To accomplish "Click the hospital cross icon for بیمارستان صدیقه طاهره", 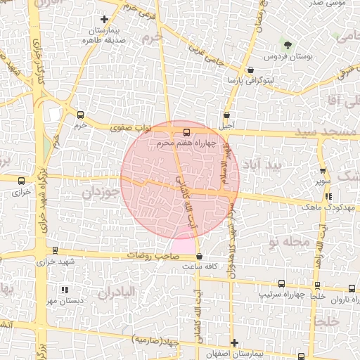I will pos(105,20).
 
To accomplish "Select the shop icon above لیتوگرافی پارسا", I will pos(251,70).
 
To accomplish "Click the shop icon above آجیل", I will pos(226,115).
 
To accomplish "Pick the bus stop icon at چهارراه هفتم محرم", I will pos(186,132).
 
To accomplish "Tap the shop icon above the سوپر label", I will pos(323,170).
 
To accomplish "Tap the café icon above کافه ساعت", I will pos(200,257).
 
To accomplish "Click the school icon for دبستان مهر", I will pos(64,289).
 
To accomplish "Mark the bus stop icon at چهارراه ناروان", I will pos(352,288).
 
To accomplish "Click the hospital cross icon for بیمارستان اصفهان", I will pos(234,342).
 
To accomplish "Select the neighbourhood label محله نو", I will pos(289,241).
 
